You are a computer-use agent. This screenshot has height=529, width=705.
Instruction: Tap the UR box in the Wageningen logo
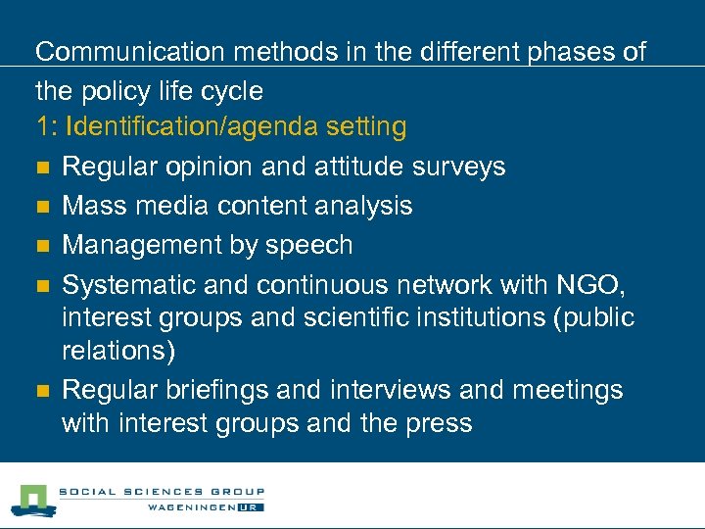[x=252, y=506]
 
